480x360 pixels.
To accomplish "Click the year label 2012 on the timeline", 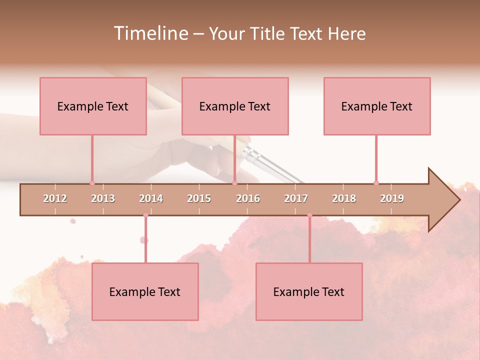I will point(55,198).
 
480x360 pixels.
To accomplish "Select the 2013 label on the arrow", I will point(103,198).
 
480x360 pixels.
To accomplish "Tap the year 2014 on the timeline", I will point(151,198).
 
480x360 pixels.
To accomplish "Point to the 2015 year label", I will point(199,198).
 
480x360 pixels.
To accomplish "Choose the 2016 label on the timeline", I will point(248,198).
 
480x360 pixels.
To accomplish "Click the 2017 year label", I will point(296,198).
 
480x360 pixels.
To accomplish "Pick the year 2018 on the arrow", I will point(344,198).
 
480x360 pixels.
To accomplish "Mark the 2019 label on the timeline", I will point(392,198).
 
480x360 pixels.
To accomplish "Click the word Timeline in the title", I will point(150,33).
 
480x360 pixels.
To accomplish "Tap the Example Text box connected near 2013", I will point(93,106).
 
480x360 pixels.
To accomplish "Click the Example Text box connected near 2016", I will point(235,106).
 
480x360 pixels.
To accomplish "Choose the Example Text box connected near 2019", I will point(377,106).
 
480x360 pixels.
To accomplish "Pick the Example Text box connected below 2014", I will point(145,291).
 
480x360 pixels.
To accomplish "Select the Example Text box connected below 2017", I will point(309,291).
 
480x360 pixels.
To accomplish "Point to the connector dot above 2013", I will point(92,183).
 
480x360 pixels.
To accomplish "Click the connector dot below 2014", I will point(145,215).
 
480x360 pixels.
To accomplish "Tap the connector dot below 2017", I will point(309,215).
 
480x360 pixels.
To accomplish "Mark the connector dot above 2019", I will point(376,183).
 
